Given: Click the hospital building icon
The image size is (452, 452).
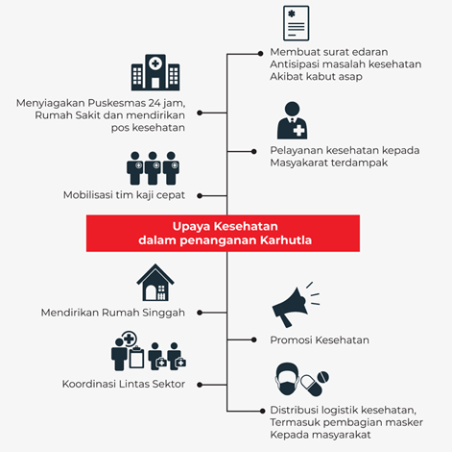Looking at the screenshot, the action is [x=155, y=72].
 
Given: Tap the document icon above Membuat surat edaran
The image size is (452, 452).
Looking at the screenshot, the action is [x=297, y=23].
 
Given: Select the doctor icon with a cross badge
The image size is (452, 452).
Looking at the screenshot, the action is [x=292, y=120].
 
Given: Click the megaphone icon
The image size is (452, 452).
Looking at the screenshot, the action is [x=296, y=305].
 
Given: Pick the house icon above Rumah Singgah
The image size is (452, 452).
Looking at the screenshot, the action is [x=155, y=283].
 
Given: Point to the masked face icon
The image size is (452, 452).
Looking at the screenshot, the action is [x=287, y=379].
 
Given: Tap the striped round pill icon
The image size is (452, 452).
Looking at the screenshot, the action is [x=322, y=377].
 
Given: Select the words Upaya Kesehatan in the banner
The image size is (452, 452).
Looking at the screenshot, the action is [x=226, y=226].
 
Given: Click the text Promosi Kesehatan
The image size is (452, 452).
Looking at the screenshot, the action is [x=320, y=339].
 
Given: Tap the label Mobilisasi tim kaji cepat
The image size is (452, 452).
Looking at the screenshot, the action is [x=124, y=195].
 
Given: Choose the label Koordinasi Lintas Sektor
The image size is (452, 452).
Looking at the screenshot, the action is [x=124, y=384].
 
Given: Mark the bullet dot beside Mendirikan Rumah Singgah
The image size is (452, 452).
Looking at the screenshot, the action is [x=200, y=313].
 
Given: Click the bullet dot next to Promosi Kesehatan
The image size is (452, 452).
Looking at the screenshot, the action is [x=253, y=339].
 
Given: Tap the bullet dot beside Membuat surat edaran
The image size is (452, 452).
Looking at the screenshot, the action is [x=260, y=54].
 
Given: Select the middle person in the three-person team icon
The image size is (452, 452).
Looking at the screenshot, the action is [x=153, y=168].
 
